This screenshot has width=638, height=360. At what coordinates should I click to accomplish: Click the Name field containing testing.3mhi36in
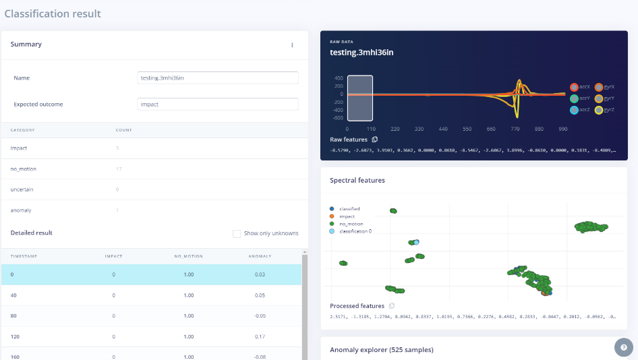(217, 78)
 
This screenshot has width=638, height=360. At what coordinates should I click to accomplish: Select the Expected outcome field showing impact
(217, 104)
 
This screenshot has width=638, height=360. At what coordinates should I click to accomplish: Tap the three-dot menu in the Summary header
(292, 45)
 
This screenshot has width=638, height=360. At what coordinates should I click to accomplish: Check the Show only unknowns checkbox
(237, 233)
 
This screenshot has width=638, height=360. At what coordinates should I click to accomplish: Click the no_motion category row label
(23, 169)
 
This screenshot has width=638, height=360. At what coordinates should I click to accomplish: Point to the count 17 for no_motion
(119, 169)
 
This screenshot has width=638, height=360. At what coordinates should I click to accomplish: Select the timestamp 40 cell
(13, 295)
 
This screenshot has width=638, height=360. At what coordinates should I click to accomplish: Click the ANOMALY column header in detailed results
(260, 256)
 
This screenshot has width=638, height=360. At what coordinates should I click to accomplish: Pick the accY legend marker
(575, 98)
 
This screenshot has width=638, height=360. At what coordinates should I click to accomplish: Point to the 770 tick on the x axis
(515, 128)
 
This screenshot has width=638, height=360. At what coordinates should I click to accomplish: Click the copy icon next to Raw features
(375, 140)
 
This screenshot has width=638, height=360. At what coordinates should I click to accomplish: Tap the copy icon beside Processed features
(391, 306)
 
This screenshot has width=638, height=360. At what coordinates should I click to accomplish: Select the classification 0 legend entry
(355, 231)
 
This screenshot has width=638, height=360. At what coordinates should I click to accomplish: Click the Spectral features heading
(357, 181)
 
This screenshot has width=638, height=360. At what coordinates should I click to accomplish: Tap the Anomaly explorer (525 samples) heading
(381, 350)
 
